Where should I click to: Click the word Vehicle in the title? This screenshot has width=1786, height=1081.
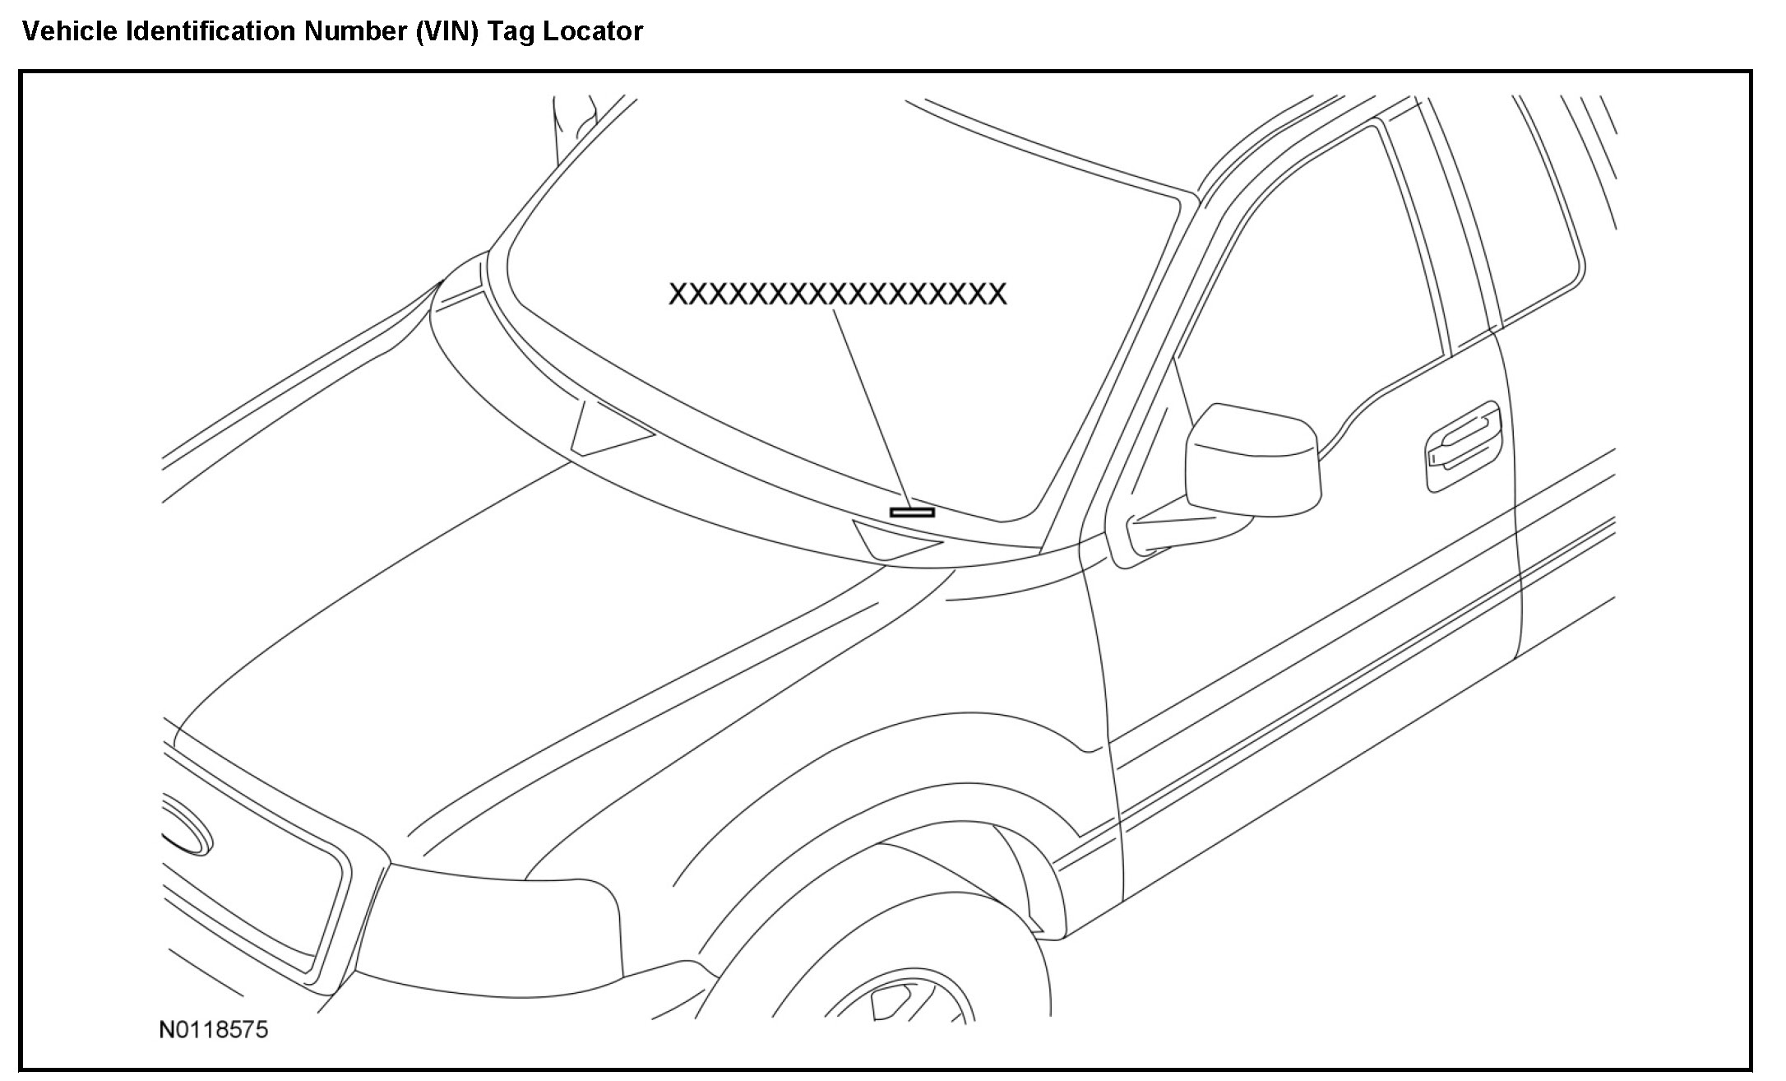point(72,31)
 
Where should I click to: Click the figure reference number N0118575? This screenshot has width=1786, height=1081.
point(213,1030)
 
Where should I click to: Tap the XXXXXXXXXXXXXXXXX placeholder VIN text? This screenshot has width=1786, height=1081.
point(837,294)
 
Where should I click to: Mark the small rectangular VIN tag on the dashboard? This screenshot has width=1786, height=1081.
point(912,512)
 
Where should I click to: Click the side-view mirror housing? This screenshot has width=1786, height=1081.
point(1252,461)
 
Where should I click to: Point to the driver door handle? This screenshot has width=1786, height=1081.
point(1464,444)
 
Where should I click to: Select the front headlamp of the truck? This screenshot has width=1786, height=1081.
point(493,930)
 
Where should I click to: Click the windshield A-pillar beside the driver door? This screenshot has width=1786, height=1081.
point(1118,354)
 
